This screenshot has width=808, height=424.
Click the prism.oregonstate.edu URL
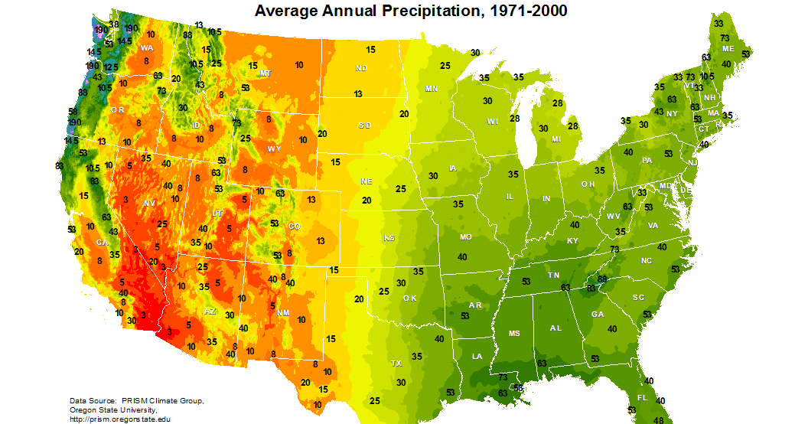point(120,419)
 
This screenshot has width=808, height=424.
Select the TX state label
point(396,363)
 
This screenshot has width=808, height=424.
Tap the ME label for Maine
point(728,49)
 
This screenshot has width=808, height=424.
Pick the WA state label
point(146,47)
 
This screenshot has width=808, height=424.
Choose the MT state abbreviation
point(266,73)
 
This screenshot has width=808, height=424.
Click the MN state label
point(432,89)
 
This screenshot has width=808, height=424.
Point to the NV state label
point(148,202)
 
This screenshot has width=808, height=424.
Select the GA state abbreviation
point(598,314)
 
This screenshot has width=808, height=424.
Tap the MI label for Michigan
point(555,139)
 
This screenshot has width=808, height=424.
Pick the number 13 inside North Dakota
point(358,93)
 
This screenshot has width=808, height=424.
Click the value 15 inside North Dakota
point(370,50)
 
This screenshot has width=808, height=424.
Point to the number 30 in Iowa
point(433,175)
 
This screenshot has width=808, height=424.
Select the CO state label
point(295,226)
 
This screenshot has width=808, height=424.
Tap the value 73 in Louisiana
point(503,377)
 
